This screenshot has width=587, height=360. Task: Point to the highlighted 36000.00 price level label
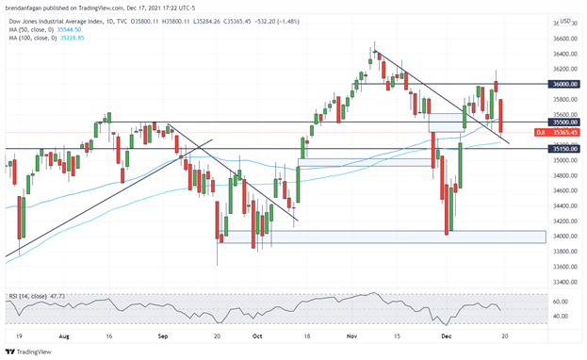point(565,84)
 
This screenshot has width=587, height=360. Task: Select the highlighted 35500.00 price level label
point(565,122)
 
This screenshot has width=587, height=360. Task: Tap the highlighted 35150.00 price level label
point(565,148)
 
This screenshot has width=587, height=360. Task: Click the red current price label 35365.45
point(566,133)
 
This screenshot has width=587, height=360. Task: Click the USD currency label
point(565,22)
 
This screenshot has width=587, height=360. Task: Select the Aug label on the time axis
point(63,335)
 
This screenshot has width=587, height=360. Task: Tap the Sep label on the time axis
point(162,335)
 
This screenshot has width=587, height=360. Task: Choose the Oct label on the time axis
point(256,335)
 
